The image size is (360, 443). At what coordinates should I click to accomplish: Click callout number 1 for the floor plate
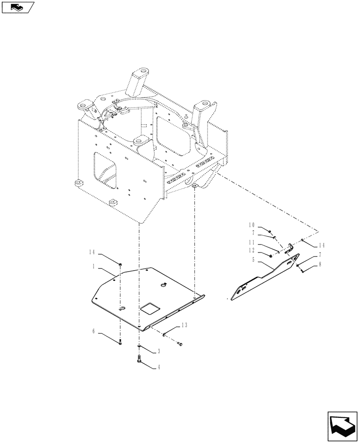coord(95,267)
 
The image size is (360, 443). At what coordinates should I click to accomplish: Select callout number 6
coord(94,330)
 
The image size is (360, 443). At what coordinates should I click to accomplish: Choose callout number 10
coord(251,225)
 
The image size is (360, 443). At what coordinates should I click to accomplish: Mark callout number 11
coord(251,242)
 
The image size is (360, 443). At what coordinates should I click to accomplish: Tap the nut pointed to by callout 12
coord(271,255)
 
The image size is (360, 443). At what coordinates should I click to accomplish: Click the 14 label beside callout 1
coord(91,253)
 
